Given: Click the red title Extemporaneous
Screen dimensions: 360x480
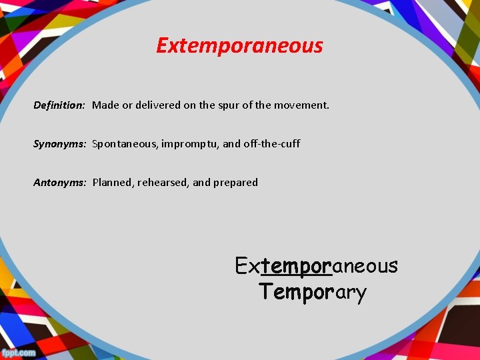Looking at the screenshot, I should tap(239, 45).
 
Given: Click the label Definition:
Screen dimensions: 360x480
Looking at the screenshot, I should tap(59, 105).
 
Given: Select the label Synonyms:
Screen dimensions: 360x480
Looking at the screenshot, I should tap(60, 143).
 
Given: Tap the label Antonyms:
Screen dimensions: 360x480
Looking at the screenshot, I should tap(60, 182).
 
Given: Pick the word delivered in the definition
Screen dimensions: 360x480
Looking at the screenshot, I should tap(158, 105).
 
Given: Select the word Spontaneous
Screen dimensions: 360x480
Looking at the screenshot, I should tap(124, 143).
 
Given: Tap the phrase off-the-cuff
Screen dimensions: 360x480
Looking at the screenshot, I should tap(273, 143).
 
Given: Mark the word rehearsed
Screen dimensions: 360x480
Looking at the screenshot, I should tap(163, 182).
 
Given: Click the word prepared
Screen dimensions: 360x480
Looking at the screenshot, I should tap(235, 182).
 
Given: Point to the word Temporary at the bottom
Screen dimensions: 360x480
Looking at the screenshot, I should tap(313, 292).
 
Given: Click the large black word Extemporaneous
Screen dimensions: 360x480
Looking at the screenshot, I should tap(316, 266).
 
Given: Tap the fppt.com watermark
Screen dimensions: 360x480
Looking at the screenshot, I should tap(18, 353).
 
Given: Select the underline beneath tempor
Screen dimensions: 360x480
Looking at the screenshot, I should tap(296, 275).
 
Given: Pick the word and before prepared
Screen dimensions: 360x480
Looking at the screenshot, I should tap(201, 182).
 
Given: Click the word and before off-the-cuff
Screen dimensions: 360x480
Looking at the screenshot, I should tap(232, 143).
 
